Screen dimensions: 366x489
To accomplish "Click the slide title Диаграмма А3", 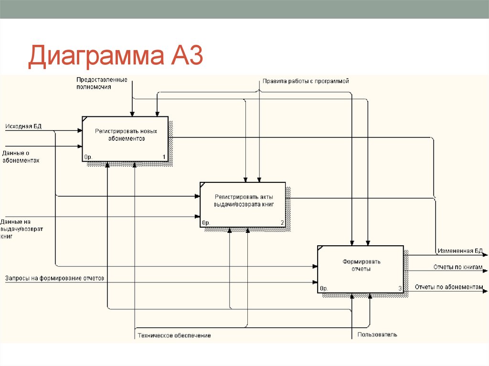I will click(x=116, y=56).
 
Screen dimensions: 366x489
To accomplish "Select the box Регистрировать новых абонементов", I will click(x=125, y=139).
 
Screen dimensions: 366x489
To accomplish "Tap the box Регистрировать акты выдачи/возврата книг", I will click(x=243, y=204).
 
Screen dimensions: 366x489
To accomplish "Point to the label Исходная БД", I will click(x=23, y=126).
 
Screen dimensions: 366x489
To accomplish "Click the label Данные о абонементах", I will click(x=20, y=157).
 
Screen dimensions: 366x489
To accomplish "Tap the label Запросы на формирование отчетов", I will click(x=54, y=278).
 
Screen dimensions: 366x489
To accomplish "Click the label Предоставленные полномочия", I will click(x=102, y=84).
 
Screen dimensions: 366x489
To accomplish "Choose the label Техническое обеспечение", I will click(x=174, y=335).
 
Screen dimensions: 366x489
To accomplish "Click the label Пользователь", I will click(x=377, y=335).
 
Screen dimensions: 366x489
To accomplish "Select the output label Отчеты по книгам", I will click(x=457, y=267).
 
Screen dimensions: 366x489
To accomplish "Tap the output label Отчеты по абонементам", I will click(x=448, y=287).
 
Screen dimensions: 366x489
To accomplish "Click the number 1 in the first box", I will click(x=164, y=157).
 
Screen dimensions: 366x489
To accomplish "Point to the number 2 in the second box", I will click(x=282, y=223).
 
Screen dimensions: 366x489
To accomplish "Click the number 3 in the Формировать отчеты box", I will click(x=400, y=288).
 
